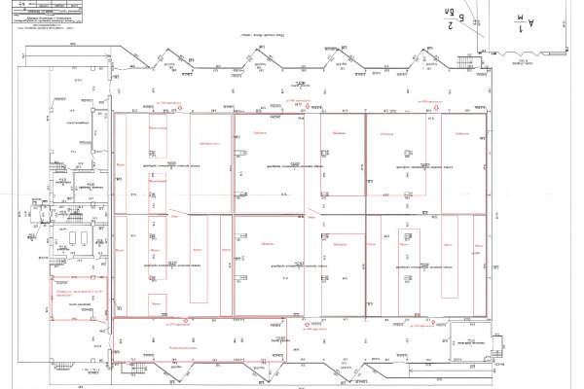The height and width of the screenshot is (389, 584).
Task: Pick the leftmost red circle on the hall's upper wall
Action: coord(180,107)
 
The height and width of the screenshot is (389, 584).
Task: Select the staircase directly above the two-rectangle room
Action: coord(76,207)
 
